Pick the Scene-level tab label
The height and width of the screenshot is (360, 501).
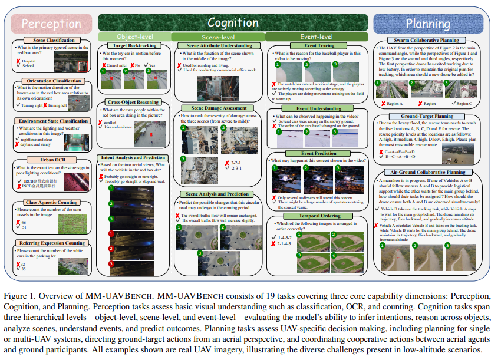coord(217,37)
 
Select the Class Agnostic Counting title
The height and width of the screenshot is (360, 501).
coord(52,203)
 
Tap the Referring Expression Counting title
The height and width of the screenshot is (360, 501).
coord(52,243)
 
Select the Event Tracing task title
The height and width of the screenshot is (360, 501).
coord(319,45)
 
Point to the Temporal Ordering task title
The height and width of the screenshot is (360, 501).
coord(319,216)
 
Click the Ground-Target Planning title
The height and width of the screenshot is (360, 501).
coord(431,117)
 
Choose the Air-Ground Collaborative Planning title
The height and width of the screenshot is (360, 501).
coord(431,172)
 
